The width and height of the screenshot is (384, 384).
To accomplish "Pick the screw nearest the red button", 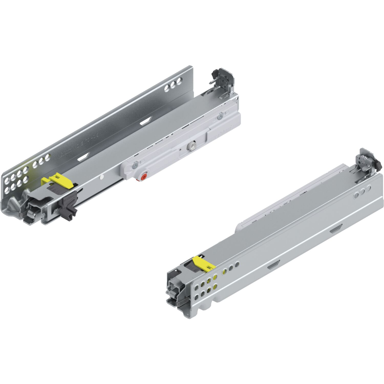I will pyautogui.click(x=135, y=167).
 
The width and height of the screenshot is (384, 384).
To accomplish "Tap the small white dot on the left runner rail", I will pyautogui.click(x=102, y=176).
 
